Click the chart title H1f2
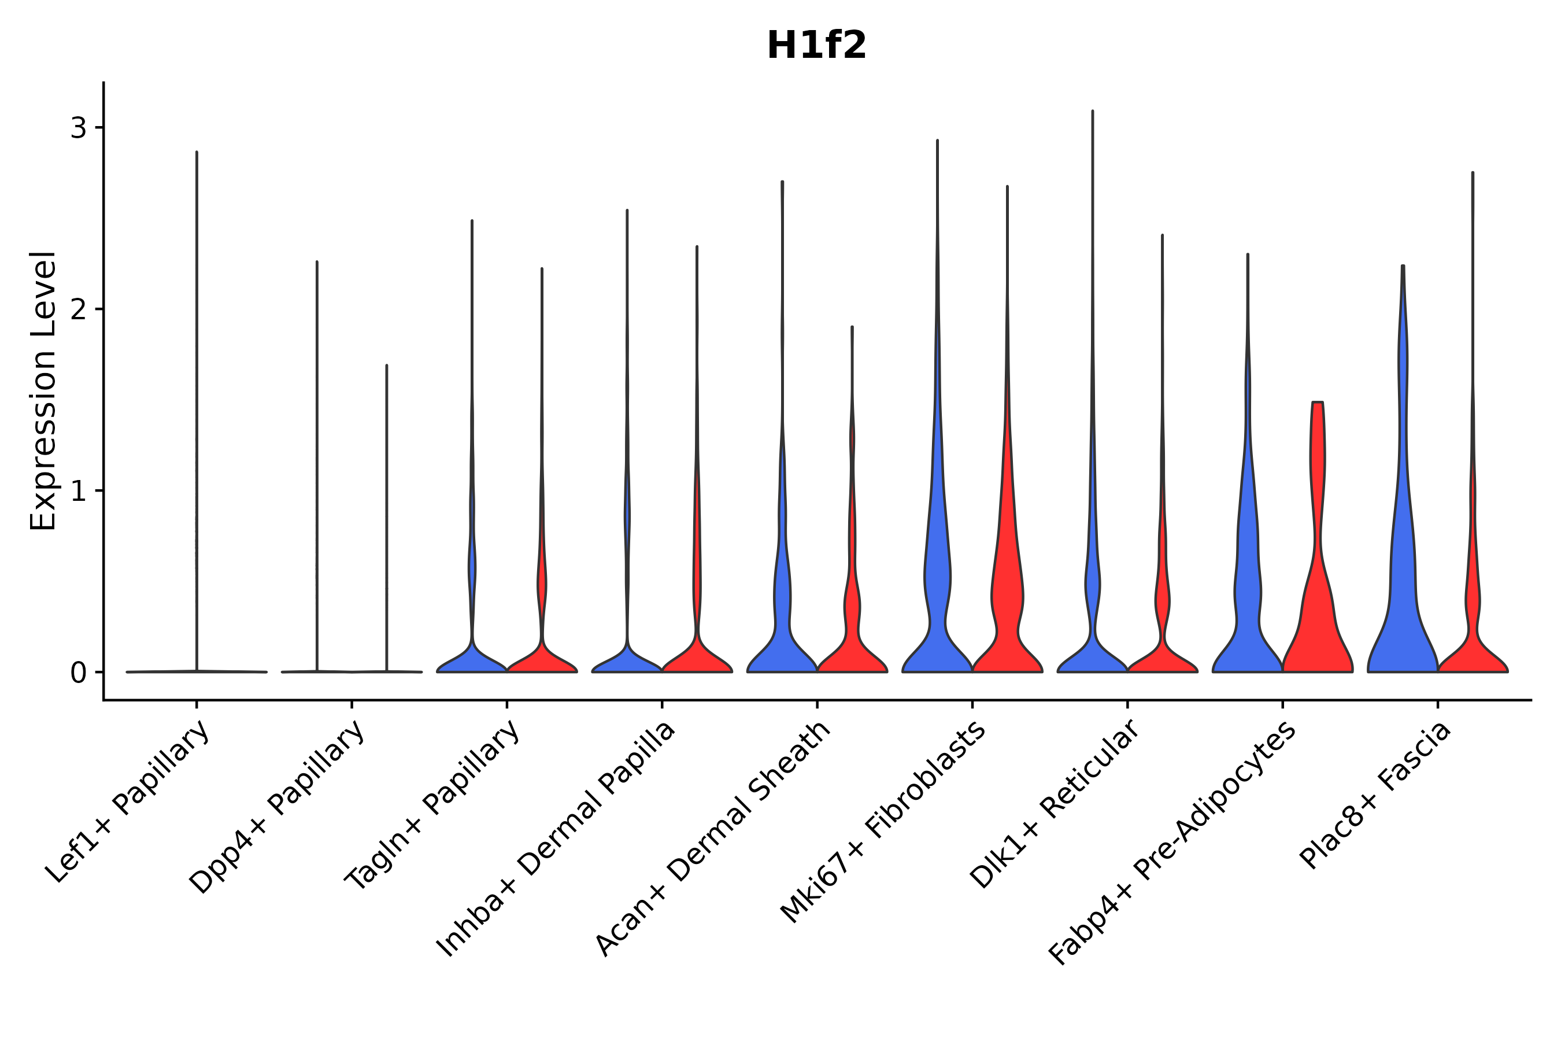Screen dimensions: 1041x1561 (816, 46)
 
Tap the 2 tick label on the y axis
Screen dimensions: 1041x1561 (78, 309)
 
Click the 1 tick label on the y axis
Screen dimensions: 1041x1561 (78, 490)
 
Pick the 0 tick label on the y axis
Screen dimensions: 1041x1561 (78, 673)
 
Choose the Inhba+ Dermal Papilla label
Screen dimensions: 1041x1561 (556, 839)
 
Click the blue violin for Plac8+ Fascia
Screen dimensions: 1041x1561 (1401, 597)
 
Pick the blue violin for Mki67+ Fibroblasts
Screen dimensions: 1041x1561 (937, 597)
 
